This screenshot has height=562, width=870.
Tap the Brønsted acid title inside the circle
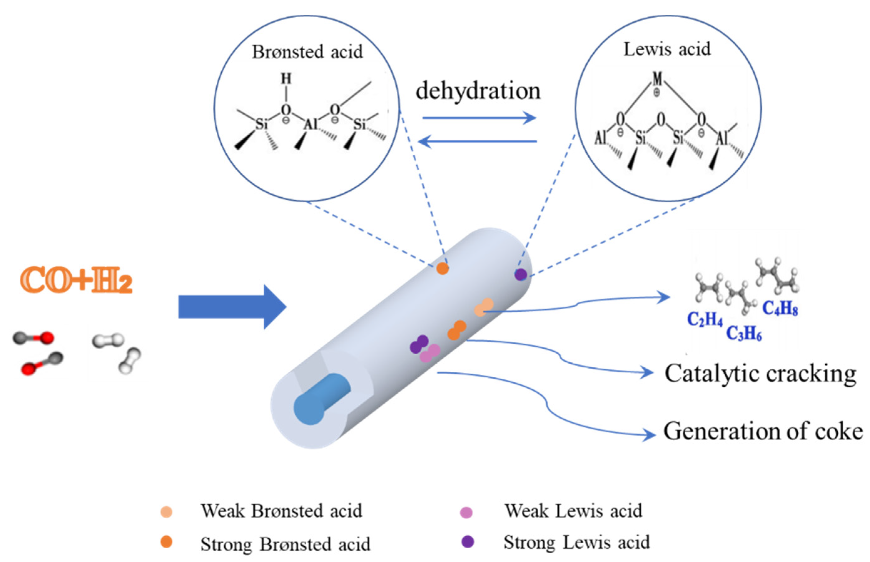[x=307, y=52]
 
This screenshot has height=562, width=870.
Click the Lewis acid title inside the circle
[x=667, y=49]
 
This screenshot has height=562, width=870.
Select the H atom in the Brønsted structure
[x=286, y=78]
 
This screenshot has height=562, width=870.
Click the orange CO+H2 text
[x=76, y=280]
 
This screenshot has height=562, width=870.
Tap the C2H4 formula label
[x=705, y=319]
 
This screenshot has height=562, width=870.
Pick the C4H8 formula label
[x=780, y=309]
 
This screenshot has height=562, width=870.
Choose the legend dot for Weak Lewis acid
[x=466, y=512]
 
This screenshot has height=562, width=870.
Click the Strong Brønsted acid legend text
[x=285, y=544]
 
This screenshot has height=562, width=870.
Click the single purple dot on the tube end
[x=520, y=274]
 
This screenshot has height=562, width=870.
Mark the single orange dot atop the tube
[x=442, y=269]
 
